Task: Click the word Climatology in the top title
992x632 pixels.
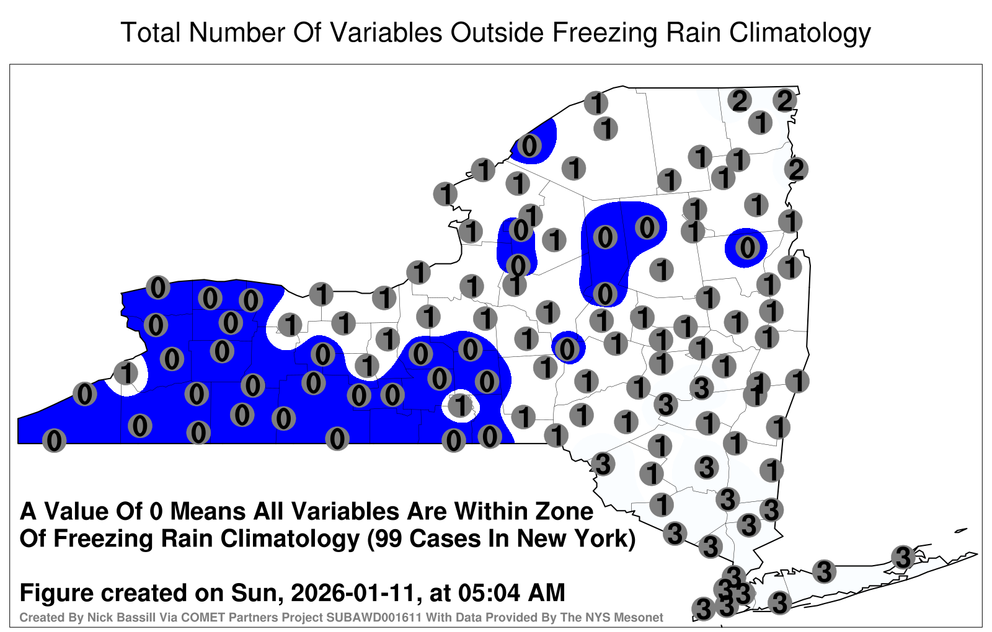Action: coord(800,33)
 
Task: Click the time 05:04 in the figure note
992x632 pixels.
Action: coord(489,592)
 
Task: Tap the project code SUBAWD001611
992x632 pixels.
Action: coord(374,617)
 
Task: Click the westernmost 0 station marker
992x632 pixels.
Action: coord(54,441)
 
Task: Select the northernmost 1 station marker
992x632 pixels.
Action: coord(596,103)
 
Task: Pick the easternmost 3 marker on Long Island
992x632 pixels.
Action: coord(903,557)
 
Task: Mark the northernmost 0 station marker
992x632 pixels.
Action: coord(529,146)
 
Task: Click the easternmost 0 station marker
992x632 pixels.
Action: coord(747,247)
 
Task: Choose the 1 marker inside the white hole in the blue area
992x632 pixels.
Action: coord(461,406)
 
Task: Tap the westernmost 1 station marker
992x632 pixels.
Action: coord(126,372)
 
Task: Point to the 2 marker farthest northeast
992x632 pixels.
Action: coord(785,100)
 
